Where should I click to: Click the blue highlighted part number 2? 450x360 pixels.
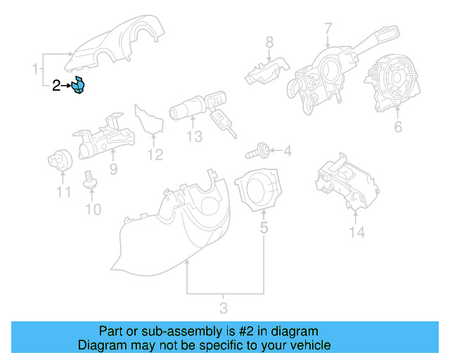pos(79,86)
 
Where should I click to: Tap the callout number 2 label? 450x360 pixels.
pos(57,86)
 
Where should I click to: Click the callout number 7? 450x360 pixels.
pos(328,29)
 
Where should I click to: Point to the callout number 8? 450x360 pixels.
pos(269,44)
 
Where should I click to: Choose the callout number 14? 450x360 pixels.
pos(358,232)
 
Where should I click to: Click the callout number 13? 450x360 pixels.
pos(194,136)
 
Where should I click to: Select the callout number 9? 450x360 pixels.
pos(112,169)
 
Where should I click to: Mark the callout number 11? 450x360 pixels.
pos(64,192)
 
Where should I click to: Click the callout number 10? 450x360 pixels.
pos(93,209)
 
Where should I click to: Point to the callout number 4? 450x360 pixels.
pos(287,150)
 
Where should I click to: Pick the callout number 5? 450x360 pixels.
pos(264,227)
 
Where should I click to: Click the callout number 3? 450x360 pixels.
pos(224,308)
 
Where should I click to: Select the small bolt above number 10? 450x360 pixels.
pos(90,181)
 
